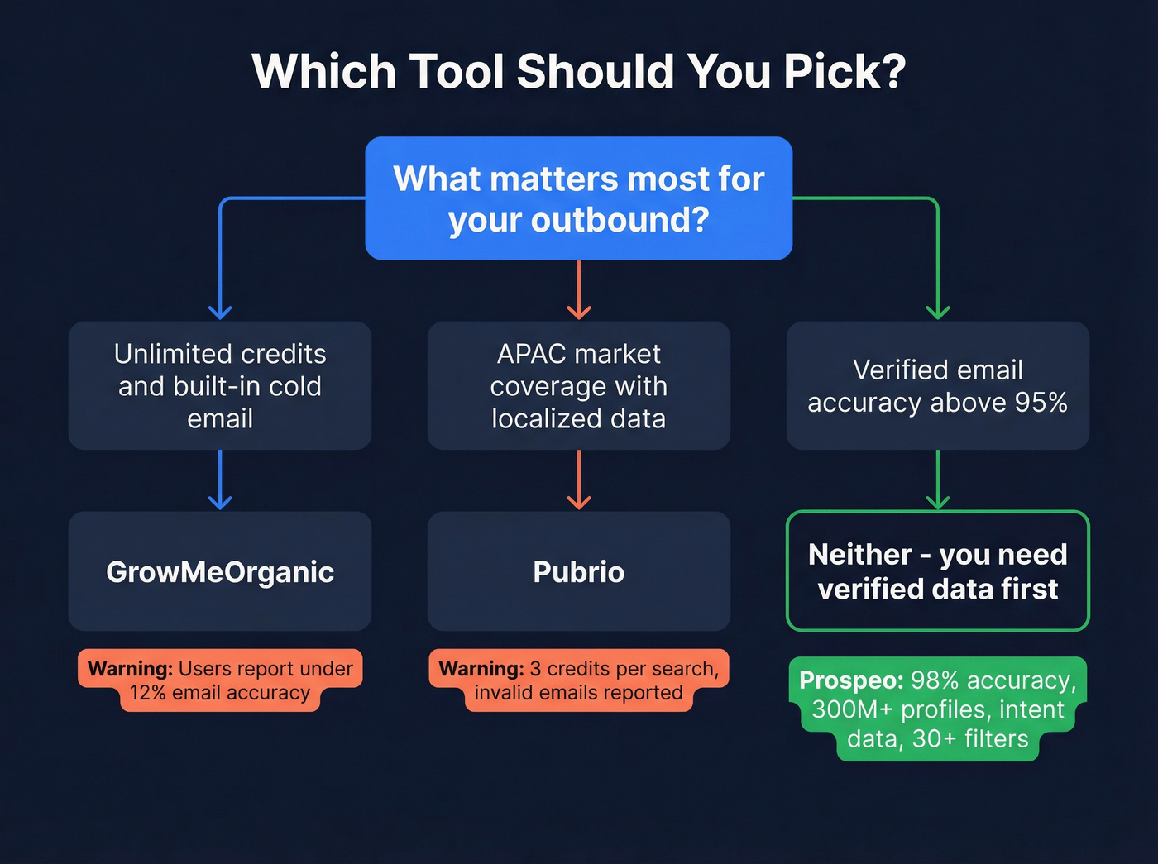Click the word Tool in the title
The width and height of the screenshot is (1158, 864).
[x=456, y=72]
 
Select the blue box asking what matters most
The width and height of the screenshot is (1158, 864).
[x=578, y=198]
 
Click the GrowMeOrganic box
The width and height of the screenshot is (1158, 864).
[x=220, y=571]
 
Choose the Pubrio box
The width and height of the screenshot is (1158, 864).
[x=578, y=571]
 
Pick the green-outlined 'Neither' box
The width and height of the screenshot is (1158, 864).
[x=937, y=571]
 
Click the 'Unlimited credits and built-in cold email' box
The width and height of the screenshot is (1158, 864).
[x=220, y=385]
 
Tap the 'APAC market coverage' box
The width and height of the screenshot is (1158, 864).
[x=578, y=385]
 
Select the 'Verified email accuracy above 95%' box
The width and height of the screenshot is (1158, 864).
[x=937, y=385]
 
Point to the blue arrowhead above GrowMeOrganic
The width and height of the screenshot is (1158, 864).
[x=220, y=501]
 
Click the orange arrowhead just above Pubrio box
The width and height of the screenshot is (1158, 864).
[x=578, y=501]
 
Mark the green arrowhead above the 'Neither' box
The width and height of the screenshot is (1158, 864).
[x=937, y=501]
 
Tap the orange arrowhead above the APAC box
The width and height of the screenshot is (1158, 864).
[x=578, y=311]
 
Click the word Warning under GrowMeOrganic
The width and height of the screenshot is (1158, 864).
[x=130, y=669]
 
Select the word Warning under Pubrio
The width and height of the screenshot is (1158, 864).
[x=481, y=669]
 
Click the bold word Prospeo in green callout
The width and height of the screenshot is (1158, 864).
[x=851, y=680]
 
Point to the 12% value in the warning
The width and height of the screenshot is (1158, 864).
[x=148, y=693]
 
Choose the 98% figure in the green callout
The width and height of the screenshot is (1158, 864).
[x=935, y=680]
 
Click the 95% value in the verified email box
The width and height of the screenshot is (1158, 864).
[x=1041, y=403]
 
